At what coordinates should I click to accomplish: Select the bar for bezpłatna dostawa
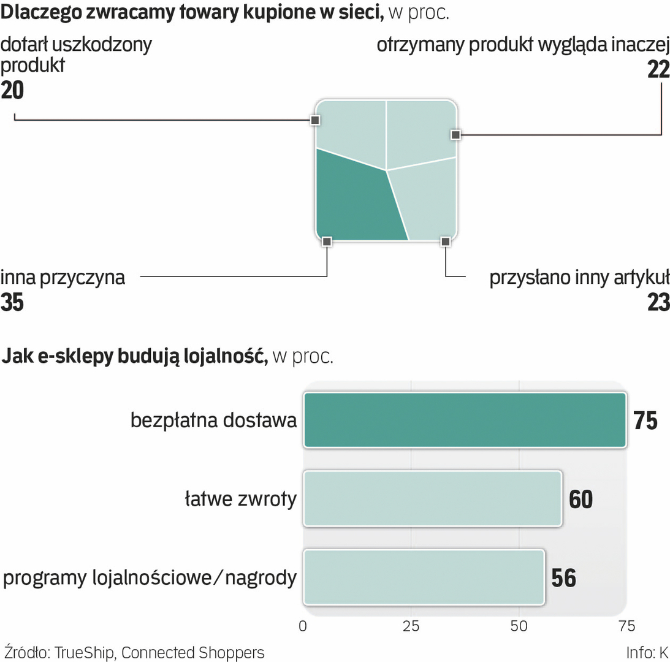pyautogui.click(x=465, y=420)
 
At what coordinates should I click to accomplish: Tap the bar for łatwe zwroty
pyautogui.click(x=432, y=498)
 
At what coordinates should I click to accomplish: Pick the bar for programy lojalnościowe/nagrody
pyautogui.click(x=424, y=577)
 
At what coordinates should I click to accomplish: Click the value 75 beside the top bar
pyautogui.click(x=645, y=421)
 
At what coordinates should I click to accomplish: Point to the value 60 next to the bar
pyautogui.click(x=581, y=500)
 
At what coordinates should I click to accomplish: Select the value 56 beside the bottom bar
pyautogui.click(x=563, y=579)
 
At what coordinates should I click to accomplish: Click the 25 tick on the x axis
pyautogui.click(x=411, y=626)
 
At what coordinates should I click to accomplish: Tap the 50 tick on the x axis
pyautogui.click(x=519, y=626)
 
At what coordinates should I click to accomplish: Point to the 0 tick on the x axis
pyautogui.click(x=303, y=626)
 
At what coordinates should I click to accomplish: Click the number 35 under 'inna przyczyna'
pyautogui.click(x=12, y=302)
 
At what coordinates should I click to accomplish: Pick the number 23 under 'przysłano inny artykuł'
pyautogui.click(x=658, y=302)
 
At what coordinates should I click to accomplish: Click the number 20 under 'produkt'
pyautogui.click(x=12, y=90)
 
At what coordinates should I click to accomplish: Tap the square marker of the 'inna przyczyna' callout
pyautogui.click(x=327, y=242)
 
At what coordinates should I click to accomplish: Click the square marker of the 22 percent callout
pyautogui.click(x=455, y=134)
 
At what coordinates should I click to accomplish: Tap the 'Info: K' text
pyautogui.click(x=647, y=652)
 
